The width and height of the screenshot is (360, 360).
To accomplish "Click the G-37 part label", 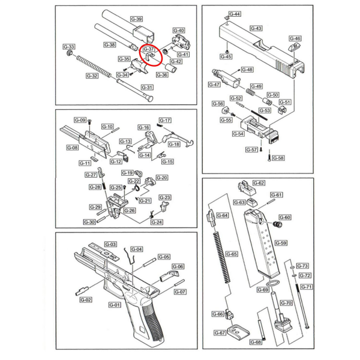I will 149,49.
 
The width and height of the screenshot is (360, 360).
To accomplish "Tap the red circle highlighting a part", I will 152,56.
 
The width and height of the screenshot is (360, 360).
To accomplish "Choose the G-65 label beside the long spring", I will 232,254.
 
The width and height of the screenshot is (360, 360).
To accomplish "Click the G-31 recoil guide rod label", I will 147,88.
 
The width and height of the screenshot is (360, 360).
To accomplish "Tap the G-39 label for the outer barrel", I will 136,19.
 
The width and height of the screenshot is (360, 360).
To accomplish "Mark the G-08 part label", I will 72,148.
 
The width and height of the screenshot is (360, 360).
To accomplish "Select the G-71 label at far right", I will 306,287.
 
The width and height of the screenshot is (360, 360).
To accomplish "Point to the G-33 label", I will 69,47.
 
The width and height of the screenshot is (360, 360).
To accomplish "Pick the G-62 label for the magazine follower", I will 259,183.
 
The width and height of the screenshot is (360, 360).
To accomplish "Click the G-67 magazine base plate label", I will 220,333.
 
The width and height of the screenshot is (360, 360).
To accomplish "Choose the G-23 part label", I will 165,197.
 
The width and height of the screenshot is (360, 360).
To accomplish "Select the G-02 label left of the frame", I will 86,299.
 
